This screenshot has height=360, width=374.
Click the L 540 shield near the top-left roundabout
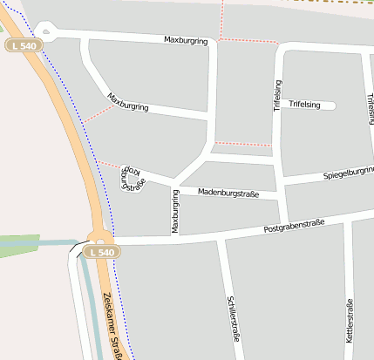pyautogui.click(x=24, y=45)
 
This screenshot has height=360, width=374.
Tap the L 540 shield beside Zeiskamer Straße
pyautogui.click(x=101, y=253)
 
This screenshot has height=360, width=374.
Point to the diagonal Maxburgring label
pyautogui.click(x=128, y=102)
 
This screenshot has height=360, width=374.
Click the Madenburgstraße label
pyautogui.click(x=228, y=193)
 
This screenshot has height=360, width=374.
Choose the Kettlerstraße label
pyautogui.click(x=349, y=320)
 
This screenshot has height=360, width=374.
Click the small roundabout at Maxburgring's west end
pyautogui.click(x=44, y=33)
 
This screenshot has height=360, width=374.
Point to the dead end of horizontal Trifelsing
pyautogui.click(x=332, y=105)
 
